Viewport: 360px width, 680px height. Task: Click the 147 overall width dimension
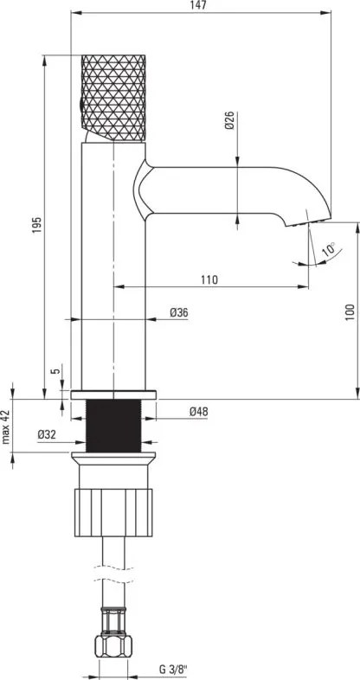tap(201, 5)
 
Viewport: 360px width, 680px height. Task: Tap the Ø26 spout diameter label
tap(230, 120)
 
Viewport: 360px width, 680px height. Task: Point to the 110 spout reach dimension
tap(209, 279)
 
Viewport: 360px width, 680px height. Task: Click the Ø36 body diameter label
tap(178, 312)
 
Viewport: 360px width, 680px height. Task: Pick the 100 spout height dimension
tap(350, 312)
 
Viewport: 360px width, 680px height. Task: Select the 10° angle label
tap(330, 249)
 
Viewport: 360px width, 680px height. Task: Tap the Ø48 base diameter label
tap(198, 412)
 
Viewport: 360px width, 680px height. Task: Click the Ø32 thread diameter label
tap(47, 434)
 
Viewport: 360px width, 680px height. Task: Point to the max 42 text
tap(6, 427)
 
